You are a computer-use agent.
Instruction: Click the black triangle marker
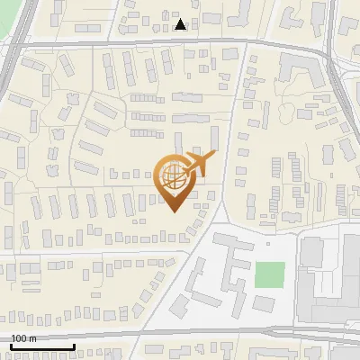[x=181, y=24]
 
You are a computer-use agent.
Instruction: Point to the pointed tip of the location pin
[x=174, y=211]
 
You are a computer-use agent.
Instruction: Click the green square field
[x=269, y=274]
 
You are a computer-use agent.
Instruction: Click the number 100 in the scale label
[x=19, y=338]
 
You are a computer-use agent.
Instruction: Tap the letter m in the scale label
[x=32, y=338]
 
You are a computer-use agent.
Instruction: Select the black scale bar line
[x=42, y=346]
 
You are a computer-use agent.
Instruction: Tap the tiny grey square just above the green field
[x=268, y=243]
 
